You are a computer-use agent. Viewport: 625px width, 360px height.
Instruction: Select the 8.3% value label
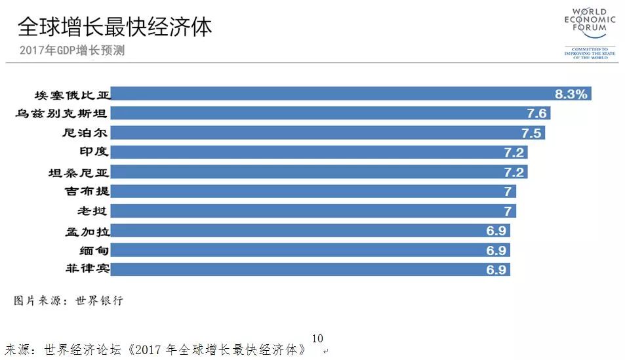571,94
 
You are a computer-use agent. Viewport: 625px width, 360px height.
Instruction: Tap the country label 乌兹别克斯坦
61,113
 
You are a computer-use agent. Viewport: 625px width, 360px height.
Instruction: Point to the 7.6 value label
536,113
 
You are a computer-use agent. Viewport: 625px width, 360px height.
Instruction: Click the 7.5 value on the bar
531,133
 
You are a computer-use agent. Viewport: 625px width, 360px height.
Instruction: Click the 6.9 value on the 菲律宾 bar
496,270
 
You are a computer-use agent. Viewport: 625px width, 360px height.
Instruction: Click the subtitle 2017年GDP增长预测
72,50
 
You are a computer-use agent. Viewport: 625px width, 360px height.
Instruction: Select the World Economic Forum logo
590,33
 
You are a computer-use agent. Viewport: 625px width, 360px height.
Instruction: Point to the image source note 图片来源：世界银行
68,301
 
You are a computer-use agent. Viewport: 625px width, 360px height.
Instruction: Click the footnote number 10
317,338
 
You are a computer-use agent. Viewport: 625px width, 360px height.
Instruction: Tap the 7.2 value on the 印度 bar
514,152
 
